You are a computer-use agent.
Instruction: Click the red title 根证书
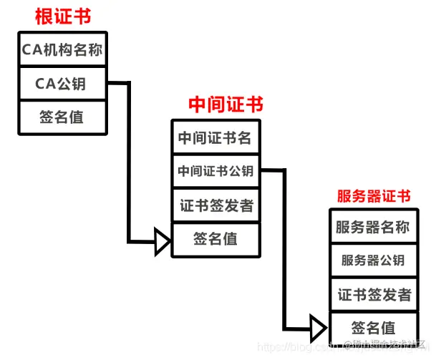click(63, 16)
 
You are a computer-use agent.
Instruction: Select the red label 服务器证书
click(374, 196)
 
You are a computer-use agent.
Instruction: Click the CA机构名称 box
click(63, 50)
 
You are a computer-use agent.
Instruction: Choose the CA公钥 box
click(63, 84)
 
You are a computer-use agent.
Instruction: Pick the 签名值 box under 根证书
click(63, 117)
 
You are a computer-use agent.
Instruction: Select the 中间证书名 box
click(215, 137)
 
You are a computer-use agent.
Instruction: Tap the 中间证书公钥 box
click(215, 171)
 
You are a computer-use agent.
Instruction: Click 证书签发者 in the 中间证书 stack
click(215, 206)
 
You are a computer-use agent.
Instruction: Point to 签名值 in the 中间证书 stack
click(215, 240)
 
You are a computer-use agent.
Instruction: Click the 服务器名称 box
click(373, 227)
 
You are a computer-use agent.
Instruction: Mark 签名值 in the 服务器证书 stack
click(373, 329)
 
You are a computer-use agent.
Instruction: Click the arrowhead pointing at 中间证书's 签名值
click(162, 241)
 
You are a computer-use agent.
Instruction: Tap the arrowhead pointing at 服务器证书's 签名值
click(319, 329)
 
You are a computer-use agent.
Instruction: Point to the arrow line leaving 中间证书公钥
click(284, 243)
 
